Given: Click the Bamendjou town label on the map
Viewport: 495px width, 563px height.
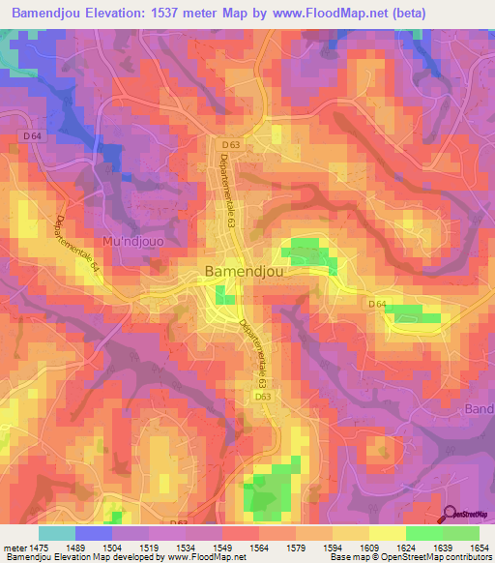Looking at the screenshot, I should click(246, 272).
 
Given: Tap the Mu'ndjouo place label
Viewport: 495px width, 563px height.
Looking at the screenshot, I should click(133, 239).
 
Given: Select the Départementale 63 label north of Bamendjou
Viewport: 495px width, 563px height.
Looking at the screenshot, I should click(228, 191).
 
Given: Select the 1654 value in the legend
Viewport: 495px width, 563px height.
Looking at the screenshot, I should click(480, 547).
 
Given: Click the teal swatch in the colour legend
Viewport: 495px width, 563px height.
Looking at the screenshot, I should click(57, 533).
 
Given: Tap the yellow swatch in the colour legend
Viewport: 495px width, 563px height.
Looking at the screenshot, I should click(387, 533).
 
